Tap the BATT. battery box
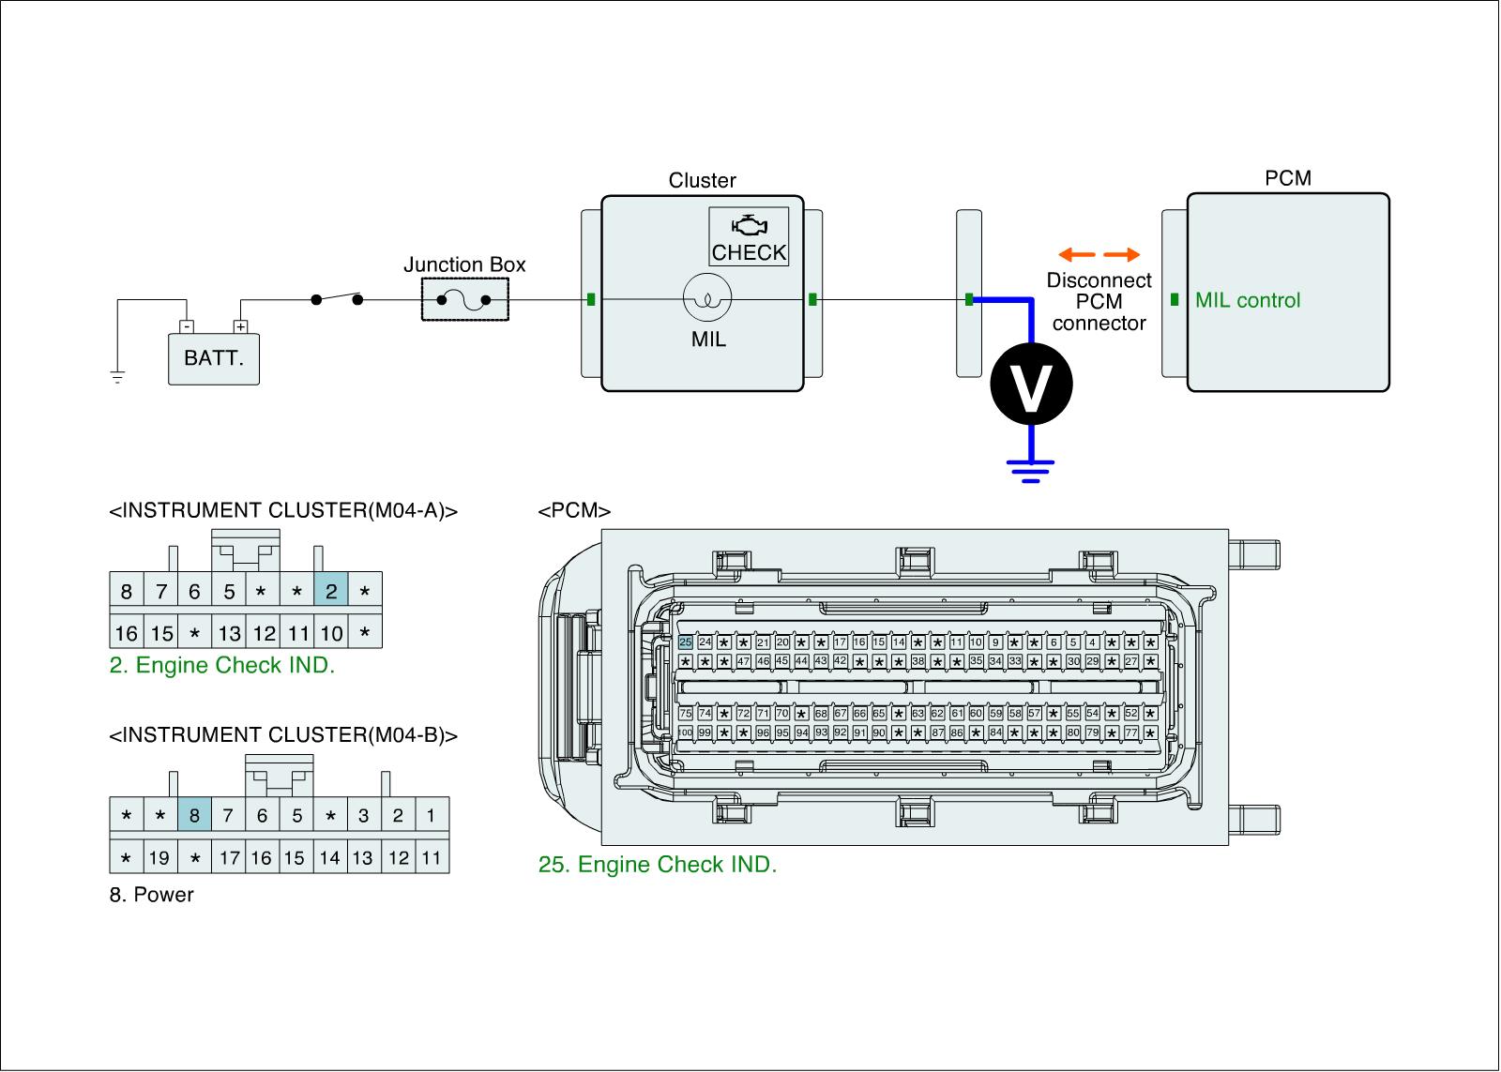point(214,358)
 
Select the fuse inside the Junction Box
point(464,301)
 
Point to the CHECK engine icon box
point(749,237)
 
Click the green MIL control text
point(1248,301)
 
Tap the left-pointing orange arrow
point(1076,254)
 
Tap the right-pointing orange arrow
point(1122,254)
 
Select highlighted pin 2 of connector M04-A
point(331,592)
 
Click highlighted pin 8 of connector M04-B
point(194,816)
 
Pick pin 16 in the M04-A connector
point(127,634)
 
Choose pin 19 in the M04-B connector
point(159,858)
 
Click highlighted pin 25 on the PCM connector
point(686,642)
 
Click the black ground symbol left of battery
point(117,378)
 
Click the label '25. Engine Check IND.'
point(658,865)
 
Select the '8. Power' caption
point(151,895)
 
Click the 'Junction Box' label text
point(464,265)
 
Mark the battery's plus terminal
point(240,327)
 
